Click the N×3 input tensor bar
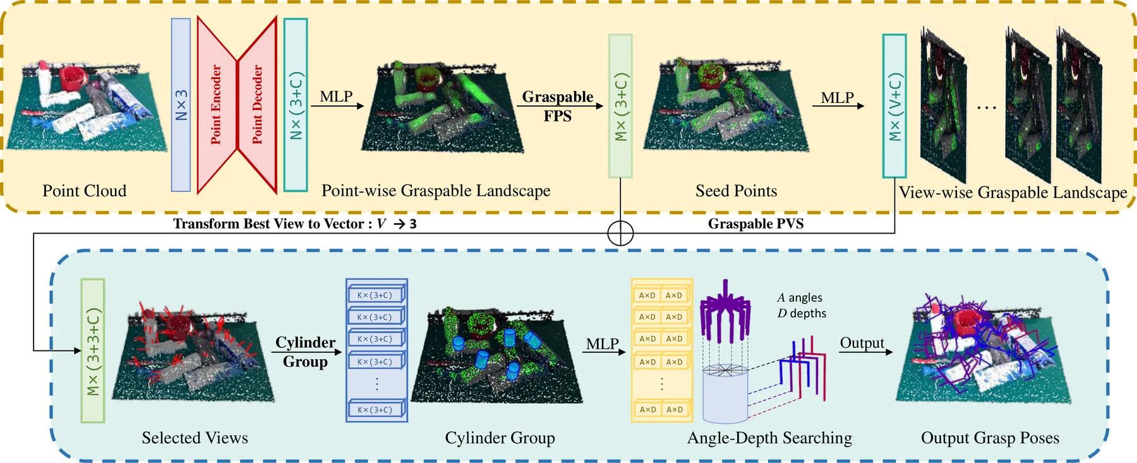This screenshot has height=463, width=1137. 181,105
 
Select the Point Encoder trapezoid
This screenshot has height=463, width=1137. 216,105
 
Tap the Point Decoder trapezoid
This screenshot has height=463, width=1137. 257,105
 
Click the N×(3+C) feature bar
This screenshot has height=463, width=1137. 296,105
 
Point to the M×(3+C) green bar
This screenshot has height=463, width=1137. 620,106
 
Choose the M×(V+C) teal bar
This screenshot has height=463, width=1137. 894,106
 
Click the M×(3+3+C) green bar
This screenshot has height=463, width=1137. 93,351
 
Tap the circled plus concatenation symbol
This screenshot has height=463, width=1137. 620,233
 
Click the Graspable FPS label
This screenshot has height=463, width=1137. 558,106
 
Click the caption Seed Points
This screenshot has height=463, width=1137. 737,191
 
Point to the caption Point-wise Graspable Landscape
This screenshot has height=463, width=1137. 436,191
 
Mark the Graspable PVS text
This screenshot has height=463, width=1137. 756,224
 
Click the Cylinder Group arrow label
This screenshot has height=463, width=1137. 305,352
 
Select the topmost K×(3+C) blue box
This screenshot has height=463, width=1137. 377,295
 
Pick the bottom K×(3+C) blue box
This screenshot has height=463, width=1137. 377,410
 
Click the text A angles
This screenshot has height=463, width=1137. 800,298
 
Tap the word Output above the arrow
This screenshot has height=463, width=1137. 862,343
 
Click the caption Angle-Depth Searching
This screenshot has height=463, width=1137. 769,438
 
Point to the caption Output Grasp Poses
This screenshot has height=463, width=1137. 990,438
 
